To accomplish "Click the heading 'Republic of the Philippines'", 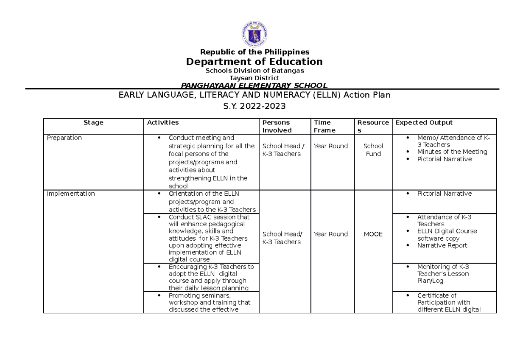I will pyautogui.click(x=255, y=52).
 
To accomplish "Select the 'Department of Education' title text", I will pyautogui.click(x=255, y=62).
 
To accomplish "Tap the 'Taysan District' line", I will pyautogui.click(x=255, y=78).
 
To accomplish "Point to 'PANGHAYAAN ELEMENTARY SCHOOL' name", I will pyautogui.click(x=255, y=86).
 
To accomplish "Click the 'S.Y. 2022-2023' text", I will pyautogui.click(x=255, y=106).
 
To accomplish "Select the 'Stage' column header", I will pyautogui.click(x=93, y=123).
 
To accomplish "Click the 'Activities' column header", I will pyautogui.click(x=163, y=123).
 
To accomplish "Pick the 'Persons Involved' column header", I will pyautogui.click(x=277, y=127).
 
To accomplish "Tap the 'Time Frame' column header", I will pyautogui.click(x=324, y=127).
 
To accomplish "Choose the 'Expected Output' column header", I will pyautogui.click(x=424, y=123).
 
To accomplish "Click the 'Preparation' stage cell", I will pyautogui.click(x=64, y=138).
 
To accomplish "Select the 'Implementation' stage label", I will pyautogui.click(x=71, y=194).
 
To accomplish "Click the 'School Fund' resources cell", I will pyautogui.click(x=373, y=150).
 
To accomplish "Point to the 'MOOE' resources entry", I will pyautogui.click(x=373, y=234).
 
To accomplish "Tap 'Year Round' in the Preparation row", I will pyautogui.click(x=330, y=146).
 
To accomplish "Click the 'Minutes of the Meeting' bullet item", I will pyautogui.click(x=452, y=152).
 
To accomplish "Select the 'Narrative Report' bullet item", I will pyautogui.click(x=442, y=245).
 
